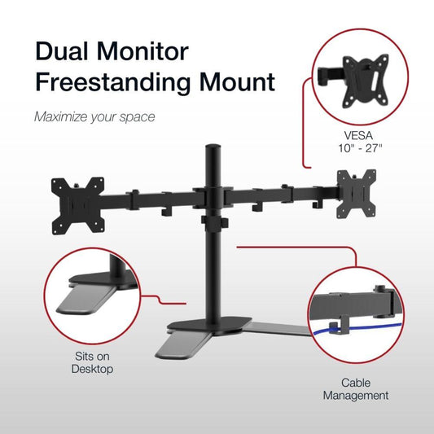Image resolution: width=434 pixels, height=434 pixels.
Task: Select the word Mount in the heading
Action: [237, 81]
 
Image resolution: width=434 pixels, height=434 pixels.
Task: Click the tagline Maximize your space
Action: [94, 116]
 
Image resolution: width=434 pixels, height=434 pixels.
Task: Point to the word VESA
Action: [358, 135]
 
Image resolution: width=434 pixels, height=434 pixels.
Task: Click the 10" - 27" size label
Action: [360, 148]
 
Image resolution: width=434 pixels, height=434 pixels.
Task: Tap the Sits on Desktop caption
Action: [92, 362]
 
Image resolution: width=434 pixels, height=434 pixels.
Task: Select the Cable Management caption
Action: [356, 389]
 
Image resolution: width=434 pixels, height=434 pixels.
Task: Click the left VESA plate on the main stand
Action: [78, 206]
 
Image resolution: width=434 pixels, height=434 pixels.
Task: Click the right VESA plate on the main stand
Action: [356, 194]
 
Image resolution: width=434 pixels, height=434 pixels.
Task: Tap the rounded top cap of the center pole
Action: [212, 147]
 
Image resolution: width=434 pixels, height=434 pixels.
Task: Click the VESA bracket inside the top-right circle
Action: [365, 81]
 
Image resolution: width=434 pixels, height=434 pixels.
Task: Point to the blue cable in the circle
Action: [357, 328]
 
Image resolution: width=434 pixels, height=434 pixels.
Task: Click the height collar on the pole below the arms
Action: [214, 223]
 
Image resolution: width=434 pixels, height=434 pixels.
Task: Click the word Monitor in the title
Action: [142, 51]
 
